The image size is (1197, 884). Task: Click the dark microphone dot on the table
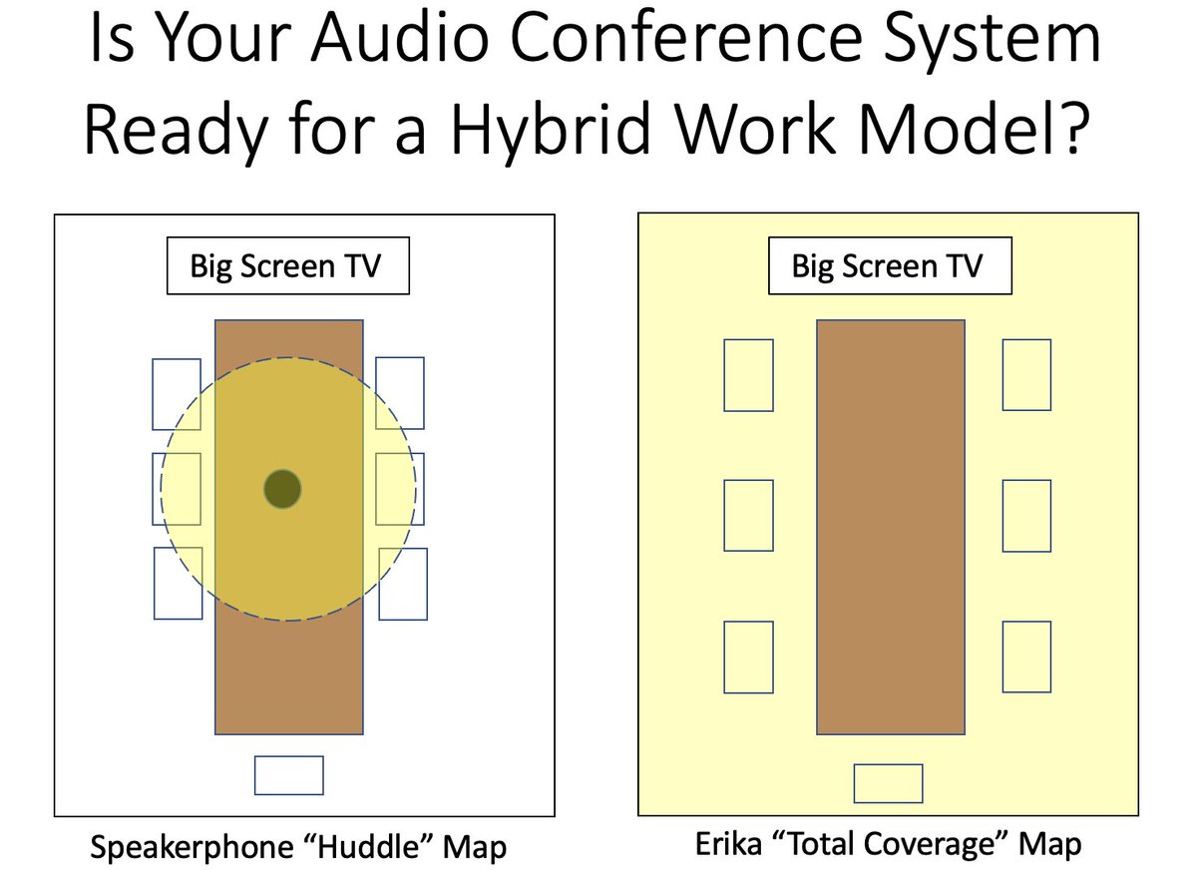[x=282, y=489]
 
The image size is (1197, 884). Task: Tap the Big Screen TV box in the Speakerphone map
[x=287, y=267]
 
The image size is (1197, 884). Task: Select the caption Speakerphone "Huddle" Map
[x=298, y=848]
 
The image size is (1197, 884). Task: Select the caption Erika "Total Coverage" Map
[x=888, y=844]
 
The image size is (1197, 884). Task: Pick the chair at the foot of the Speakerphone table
[x=289, y=775]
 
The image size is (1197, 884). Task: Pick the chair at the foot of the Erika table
[x=888, y=782]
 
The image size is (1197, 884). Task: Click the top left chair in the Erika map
[x=748, y=375]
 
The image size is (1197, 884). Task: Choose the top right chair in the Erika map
[x=1026, y=375]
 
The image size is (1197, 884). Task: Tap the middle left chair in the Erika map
[x=748, y=515]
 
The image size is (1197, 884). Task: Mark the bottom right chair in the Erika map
[x=1026, y=657]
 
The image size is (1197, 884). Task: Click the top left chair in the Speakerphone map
[x=176, y=394]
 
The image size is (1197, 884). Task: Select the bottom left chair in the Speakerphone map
[x=178, y=584]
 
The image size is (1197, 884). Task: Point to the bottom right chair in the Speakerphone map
[x=403, y=584]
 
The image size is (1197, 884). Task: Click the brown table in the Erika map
[x=891, y=527]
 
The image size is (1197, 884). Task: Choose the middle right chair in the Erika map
[x=1026, y=515]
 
